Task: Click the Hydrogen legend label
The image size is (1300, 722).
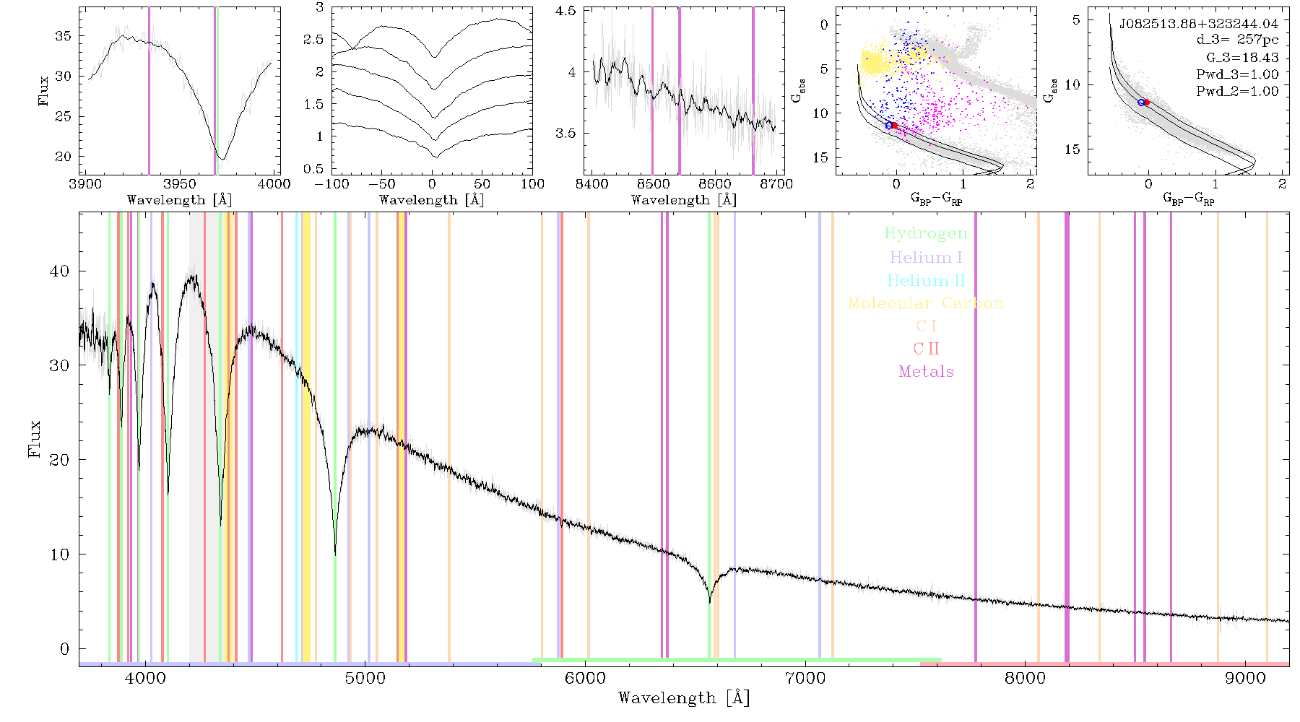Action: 925,234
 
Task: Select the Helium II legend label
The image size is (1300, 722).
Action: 926,280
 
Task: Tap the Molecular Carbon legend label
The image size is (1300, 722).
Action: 926,303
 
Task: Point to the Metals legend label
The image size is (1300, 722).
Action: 927,371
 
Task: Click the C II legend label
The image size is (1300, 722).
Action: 926,349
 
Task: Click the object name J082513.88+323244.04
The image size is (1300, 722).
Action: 1199,24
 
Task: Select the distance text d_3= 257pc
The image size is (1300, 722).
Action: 1237,40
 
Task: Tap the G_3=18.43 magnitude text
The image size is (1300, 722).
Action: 1242,58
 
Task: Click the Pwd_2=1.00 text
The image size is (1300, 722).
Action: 1237,91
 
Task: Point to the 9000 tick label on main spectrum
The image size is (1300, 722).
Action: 1245,678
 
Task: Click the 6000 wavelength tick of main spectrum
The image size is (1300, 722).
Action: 585,678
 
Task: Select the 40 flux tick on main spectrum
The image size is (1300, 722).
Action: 59,271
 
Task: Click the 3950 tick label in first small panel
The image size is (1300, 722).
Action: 180,184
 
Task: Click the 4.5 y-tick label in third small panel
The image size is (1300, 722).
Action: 567,12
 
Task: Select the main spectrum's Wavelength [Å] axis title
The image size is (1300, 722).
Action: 684,698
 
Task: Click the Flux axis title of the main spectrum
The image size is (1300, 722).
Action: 34,438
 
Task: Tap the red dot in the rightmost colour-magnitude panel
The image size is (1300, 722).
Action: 1146,103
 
